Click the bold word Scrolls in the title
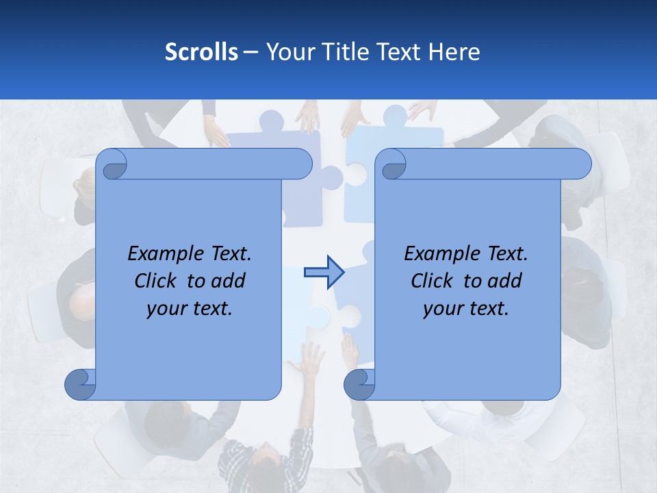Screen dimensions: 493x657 (201, 52)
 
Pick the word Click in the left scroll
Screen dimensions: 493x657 (157, 281)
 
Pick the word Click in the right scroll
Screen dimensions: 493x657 (434, 281)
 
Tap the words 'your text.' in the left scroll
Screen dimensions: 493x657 (190, 309)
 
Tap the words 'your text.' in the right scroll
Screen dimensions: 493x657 (466, 309)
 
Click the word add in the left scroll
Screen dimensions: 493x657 (229, 281)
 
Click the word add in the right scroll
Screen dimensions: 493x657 (505, 281)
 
